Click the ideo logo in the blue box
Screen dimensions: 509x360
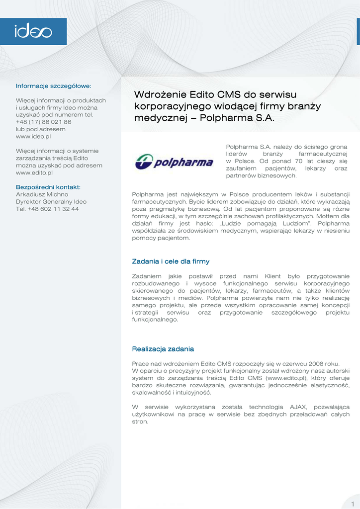(33, 32)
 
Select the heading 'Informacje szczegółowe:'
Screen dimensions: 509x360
(53, 86)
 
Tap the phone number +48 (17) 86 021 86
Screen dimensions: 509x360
(43, 122)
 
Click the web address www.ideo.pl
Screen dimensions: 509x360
(33, 136)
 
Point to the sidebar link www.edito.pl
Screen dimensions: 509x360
(34, 172)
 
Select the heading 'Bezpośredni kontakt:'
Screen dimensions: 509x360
(48, 187)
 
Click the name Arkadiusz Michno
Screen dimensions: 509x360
(42, 194)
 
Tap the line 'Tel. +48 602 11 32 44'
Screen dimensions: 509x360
(47, 209)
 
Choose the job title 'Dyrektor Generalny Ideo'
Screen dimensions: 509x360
(51, 202)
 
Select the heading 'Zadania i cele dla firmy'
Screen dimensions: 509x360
(171, 261)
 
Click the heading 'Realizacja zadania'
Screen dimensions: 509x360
(163, 349)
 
